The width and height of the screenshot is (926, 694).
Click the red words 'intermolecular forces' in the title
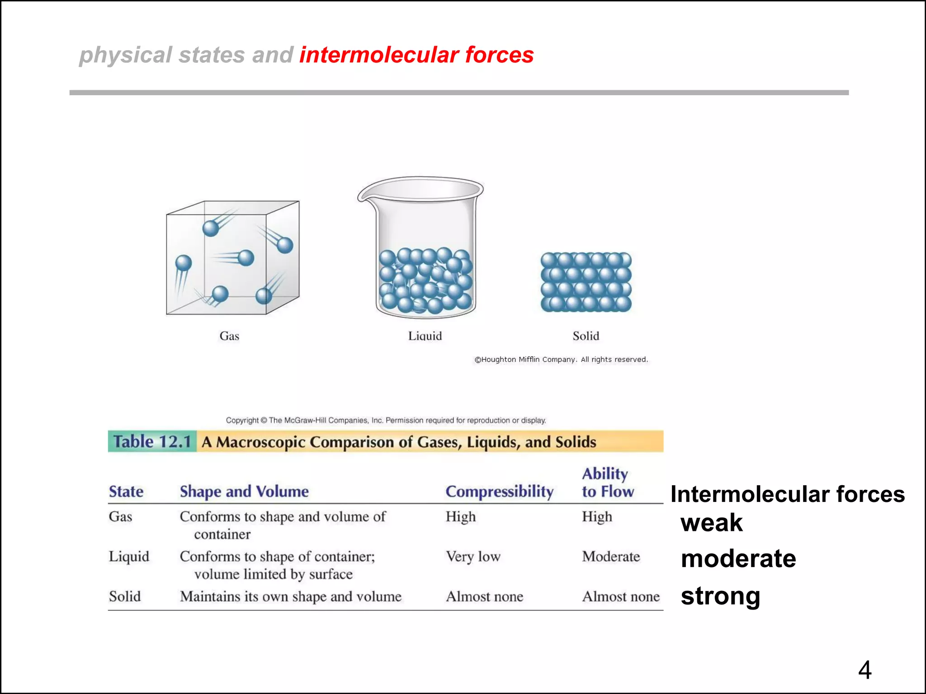coord(416,55)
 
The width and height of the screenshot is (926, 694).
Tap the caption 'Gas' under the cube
coord(229,336)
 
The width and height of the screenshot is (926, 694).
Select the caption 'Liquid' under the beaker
coord(425,336)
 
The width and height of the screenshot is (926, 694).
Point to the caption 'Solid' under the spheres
coord(586,336)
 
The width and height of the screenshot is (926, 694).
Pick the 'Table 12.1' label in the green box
coord(152,441)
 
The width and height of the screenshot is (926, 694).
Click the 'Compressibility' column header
coord(499,491)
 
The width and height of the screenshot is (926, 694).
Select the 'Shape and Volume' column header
coord(244,491)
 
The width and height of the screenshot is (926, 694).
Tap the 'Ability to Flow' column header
coord(607,483)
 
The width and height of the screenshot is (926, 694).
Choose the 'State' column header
coord(126,491)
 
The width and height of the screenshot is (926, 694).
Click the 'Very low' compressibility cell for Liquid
coord(473,556)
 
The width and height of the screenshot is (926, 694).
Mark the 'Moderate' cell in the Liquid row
coord(611,556)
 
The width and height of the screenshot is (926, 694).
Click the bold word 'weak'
coord(711,523)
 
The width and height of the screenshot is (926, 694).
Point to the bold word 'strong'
coord(720,596)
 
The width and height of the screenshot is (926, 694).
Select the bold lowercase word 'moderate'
coord(738,558)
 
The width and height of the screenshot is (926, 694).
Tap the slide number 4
coord(865,670)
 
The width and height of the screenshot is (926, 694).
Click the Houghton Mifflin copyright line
coord(561,359)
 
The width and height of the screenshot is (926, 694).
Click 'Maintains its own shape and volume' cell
coord(290,596)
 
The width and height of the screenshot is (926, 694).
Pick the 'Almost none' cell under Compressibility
coord(484,596)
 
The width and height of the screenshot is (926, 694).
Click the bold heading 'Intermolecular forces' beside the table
coord(787,494)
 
